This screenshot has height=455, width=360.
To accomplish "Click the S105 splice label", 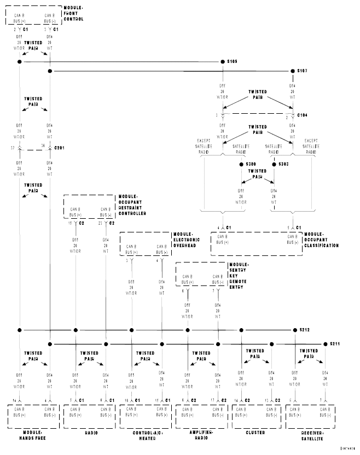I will click(232, 61).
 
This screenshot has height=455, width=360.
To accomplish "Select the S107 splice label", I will click(301, 71).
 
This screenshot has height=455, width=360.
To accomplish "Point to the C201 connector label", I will click(60, 148).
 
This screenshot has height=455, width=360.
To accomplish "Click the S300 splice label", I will click(251, 164).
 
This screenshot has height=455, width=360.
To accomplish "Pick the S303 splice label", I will click(283, 164).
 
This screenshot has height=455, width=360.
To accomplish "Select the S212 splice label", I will click(304, 330).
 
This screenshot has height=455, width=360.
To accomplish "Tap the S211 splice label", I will click(335, 344).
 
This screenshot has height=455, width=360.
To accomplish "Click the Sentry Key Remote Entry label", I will click(242, 276).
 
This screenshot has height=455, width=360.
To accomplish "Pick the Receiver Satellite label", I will click(310, 435).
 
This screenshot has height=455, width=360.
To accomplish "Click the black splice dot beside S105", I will click(222, 62).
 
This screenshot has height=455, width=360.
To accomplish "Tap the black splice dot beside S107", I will click(292, 71).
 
